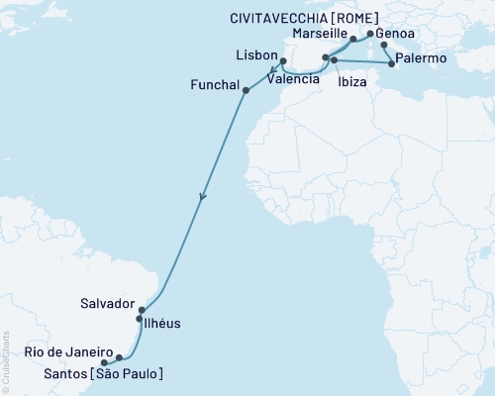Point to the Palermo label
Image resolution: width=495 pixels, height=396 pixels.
click(422, 60)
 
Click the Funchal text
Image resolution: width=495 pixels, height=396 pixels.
click(214, 85)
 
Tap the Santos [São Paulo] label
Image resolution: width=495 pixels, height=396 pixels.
click(100, 372)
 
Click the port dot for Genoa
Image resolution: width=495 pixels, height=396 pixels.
click(369, 33)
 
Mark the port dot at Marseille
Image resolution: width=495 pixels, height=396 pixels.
click(353, 41)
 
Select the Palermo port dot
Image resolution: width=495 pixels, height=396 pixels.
click(393, 65)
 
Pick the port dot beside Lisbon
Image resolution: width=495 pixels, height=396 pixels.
click(283, 60)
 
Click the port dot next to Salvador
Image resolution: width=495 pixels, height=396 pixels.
click(142, 310)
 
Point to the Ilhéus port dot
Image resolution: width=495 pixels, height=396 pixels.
click(139, 320)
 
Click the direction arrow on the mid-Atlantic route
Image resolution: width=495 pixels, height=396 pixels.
click(203, 197)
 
